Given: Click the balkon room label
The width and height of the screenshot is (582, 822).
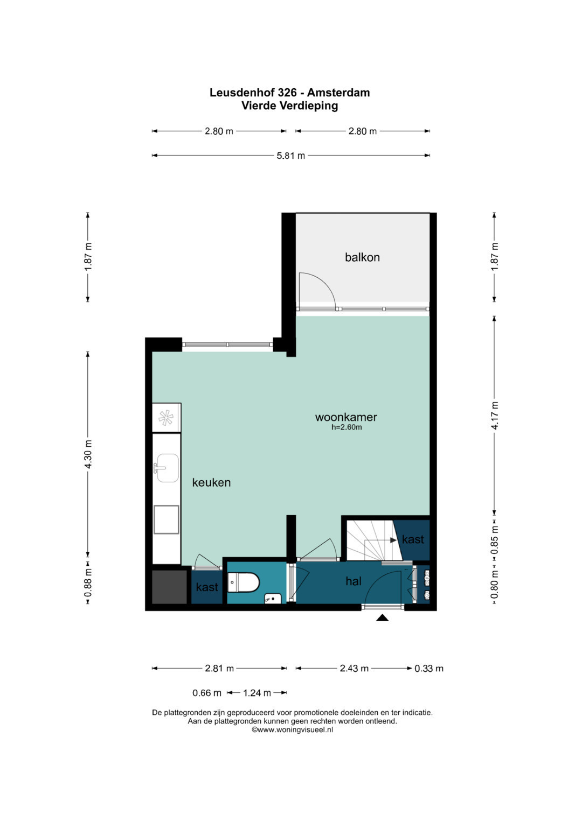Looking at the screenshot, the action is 362,257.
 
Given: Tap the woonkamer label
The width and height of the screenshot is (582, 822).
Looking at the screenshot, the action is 346,417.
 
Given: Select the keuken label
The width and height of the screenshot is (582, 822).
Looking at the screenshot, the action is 211,482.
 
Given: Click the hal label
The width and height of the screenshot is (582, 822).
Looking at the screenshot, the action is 354,581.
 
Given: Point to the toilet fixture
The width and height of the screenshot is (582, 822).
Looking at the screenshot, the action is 243,582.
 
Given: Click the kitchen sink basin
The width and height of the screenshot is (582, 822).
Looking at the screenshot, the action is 168,468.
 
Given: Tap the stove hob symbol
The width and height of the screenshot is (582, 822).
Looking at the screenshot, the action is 166,418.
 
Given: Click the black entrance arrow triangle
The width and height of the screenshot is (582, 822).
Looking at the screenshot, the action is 382,618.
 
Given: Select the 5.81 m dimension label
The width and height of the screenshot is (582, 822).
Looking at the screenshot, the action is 290,156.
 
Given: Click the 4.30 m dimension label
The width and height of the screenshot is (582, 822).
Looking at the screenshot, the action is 88,454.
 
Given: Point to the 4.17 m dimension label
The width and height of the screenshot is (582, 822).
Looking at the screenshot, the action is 495,416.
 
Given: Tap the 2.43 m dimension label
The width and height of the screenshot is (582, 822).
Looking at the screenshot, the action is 354,668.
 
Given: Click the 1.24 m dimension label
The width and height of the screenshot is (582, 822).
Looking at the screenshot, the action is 257,693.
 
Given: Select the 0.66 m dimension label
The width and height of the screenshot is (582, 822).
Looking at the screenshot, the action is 207,693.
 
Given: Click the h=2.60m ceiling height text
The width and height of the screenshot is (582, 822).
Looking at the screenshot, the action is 347,427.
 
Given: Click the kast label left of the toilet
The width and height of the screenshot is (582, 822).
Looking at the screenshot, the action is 207,587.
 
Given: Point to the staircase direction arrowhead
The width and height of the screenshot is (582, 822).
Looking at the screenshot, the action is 393,540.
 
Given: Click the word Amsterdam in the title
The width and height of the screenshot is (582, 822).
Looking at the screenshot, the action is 338,93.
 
